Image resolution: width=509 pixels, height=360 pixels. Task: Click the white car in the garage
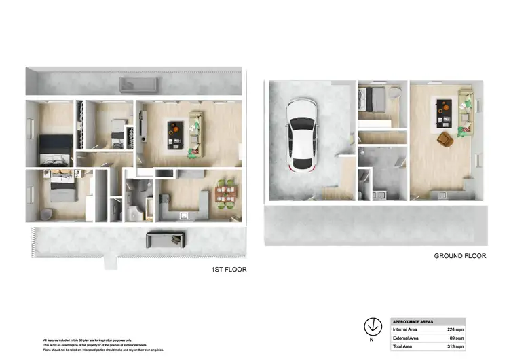pos(301,136)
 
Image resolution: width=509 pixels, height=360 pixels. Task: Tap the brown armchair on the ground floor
pos(445,139)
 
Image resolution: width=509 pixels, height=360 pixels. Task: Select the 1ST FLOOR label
pos(228,270)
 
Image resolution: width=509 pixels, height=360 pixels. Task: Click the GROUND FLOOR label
pos(460,256)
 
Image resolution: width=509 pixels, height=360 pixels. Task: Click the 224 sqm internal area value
pos(457,329)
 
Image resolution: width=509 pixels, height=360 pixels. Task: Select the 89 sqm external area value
pos(458,338)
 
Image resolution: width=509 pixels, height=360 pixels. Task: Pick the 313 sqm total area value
pos(457,346)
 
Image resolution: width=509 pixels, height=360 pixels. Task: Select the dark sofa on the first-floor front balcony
pos(166,238)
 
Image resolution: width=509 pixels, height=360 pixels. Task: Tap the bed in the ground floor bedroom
pos(372,101)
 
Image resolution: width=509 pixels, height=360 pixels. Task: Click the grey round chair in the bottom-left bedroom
pos(45,213)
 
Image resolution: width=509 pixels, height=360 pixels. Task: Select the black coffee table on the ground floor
pos(446,111)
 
